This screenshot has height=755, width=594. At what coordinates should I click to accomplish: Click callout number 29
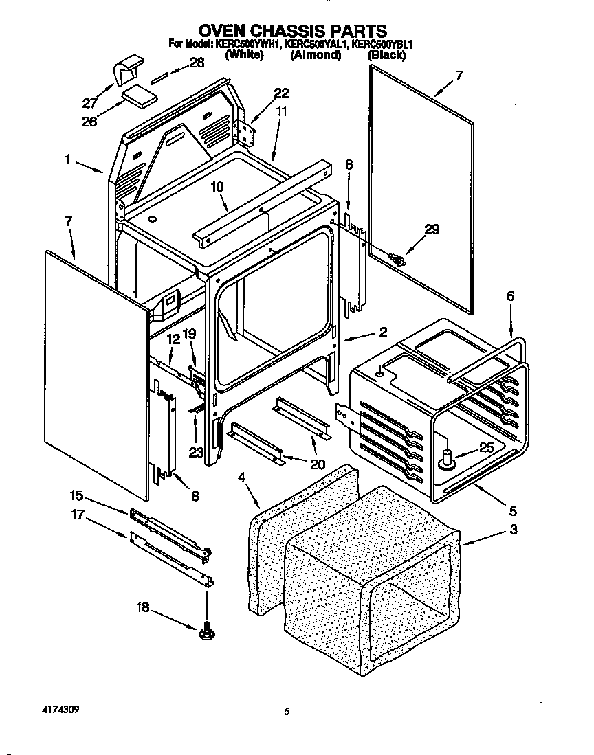[432, 229]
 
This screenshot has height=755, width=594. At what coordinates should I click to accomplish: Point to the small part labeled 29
[397, 260]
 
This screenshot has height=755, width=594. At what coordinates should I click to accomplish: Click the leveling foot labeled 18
[206, 631]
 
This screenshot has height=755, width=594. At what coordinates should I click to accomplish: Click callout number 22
[282, 93]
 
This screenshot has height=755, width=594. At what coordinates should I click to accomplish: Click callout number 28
[197, 63]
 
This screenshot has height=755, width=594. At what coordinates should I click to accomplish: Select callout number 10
[217, 186]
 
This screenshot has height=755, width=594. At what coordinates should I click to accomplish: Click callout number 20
[318, 464]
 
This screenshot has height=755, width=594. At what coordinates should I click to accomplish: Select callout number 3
[513, 530]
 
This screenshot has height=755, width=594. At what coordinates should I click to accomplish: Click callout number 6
[510, 296]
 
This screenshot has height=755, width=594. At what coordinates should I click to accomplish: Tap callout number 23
[196, 453]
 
